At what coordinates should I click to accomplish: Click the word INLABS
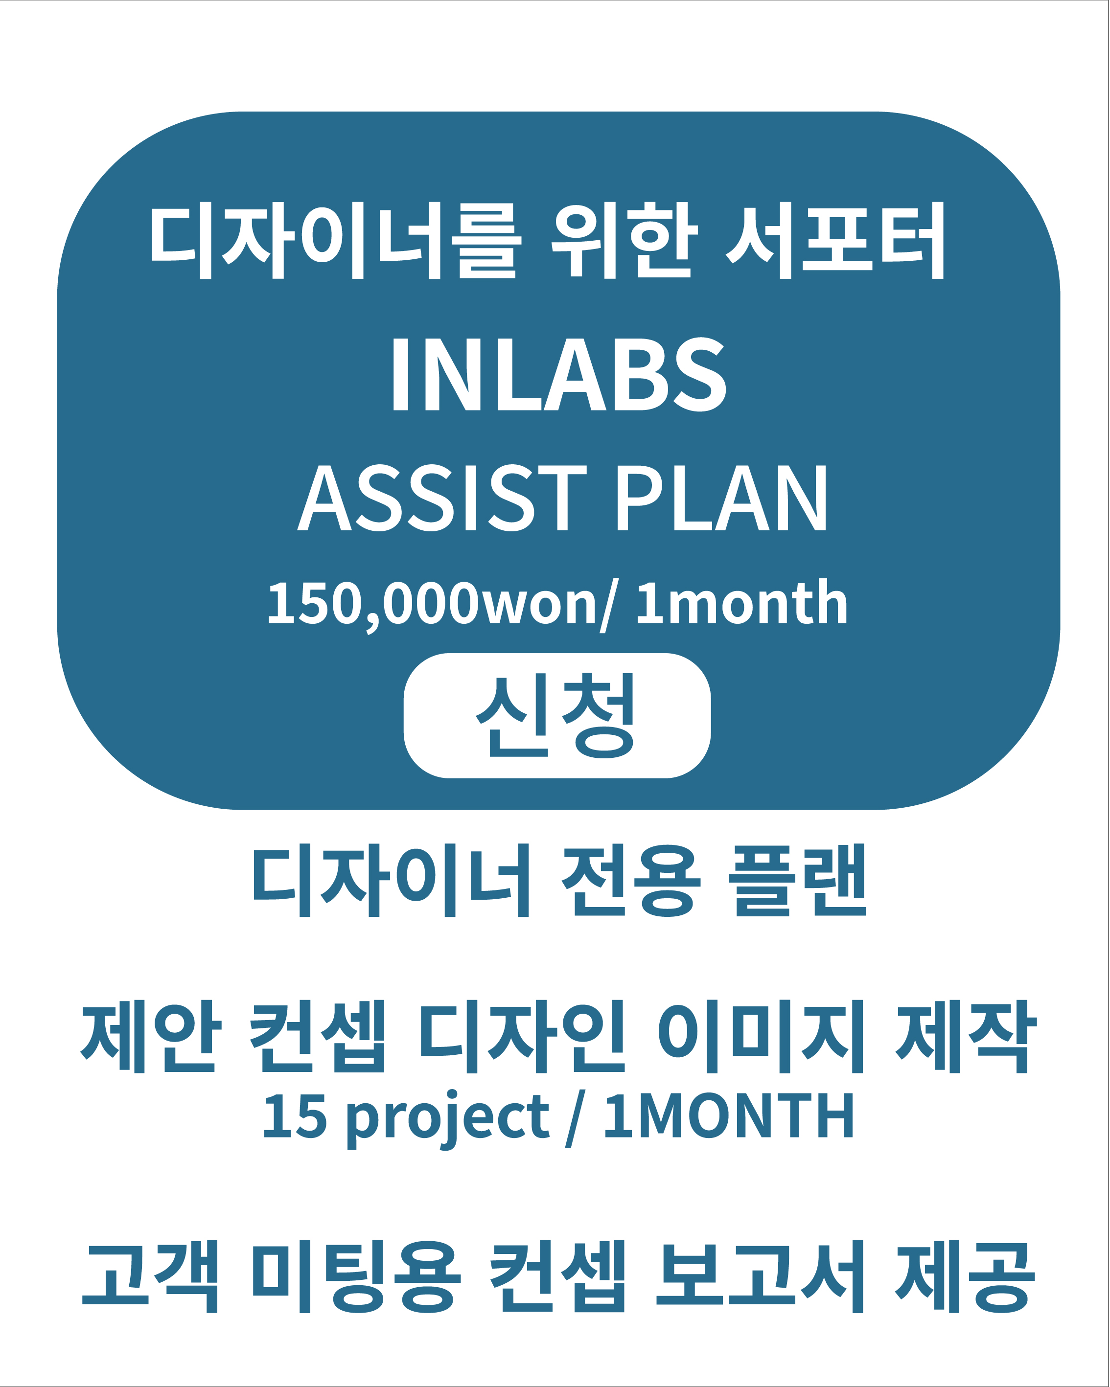[x=559, y=374]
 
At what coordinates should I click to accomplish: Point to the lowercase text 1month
[x=741, y=602]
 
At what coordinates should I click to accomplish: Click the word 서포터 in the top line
[x=834, y=240]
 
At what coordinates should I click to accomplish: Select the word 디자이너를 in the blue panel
[x=335, y=240]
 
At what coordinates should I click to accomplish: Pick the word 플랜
[x=798, y=881]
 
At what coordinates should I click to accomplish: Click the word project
[x=448, y=1120]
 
